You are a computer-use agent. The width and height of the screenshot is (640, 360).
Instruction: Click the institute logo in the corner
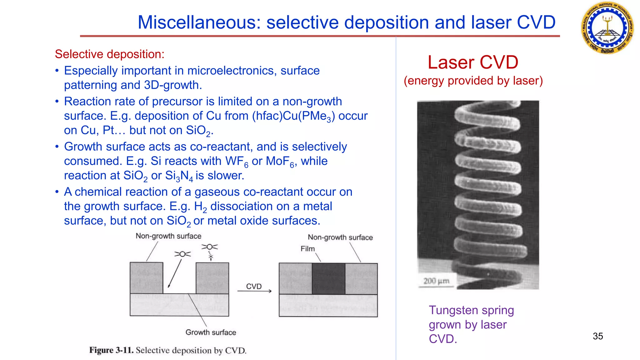[x=607, y=28]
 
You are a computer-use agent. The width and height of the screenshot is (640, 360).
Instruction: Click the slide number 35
[x=597, y=336]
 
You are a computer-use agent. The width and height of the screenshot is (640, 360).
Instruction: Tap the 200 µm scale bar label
[x=436, y=281]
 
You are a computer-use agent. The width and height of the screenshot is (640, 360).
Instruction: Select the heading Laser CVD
[x=473, y=62]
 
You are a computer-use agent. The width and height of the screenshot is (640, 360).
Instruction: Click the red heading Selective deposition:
[x=109, y=54]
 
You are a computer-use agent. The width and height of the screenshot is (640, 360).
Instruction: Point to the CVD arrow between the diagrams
[x=254, y=290]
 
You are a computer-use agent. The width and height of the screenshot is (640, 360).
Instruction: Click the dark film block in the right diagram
[x=328, y=278]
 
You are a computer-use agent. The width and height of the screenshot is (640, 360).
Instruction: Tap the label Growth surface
[x=211, y=332]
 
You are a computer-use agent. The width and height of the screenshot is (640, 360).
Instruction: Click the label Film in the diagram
[x=307, y=249]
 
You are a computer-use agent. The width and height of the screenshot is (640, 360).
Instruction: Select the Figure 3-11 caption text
[x=168, y=350]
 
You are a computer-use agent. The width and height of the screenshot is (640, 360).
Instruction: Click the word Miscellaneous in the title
[x=199, y=22]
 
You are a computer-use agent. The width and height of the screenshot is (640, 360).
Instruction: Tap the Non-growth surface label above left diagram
[x=168, y=236]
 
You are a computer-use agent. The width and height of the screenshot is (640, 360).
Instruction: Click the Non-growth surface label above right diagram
[x=340, y=237]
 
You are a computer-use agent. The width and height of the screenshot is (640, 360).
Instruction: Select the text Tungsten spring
[x=471, y=310]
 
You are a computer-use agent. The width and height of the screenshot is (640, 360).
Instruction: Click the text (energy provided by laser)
[x=473, y=81]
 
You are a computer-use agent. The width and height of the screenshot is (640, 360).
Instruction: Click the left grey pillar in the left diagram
[x=146, y=277]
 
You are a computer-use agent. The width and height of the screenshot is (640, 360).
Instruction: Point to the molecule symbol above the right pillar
[x=210, y=247]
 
